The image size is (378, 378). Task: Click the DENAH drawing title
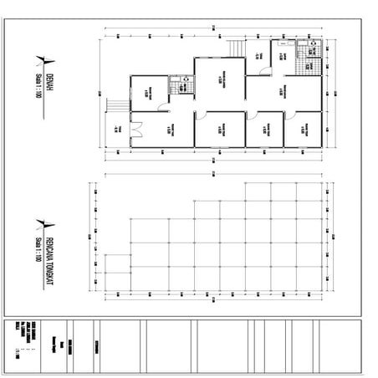click(x=49, y=80)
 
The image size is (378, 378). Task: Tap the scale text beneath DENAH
click(x=39, y=84)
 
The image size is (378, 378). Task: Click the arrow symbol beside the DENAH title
click(x=42, y=60)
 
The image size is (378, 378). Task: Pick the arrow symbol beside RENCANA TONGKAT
click(x=42, y=221)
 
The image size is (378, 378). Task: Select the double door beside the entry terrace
click(x=143, y=128)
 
